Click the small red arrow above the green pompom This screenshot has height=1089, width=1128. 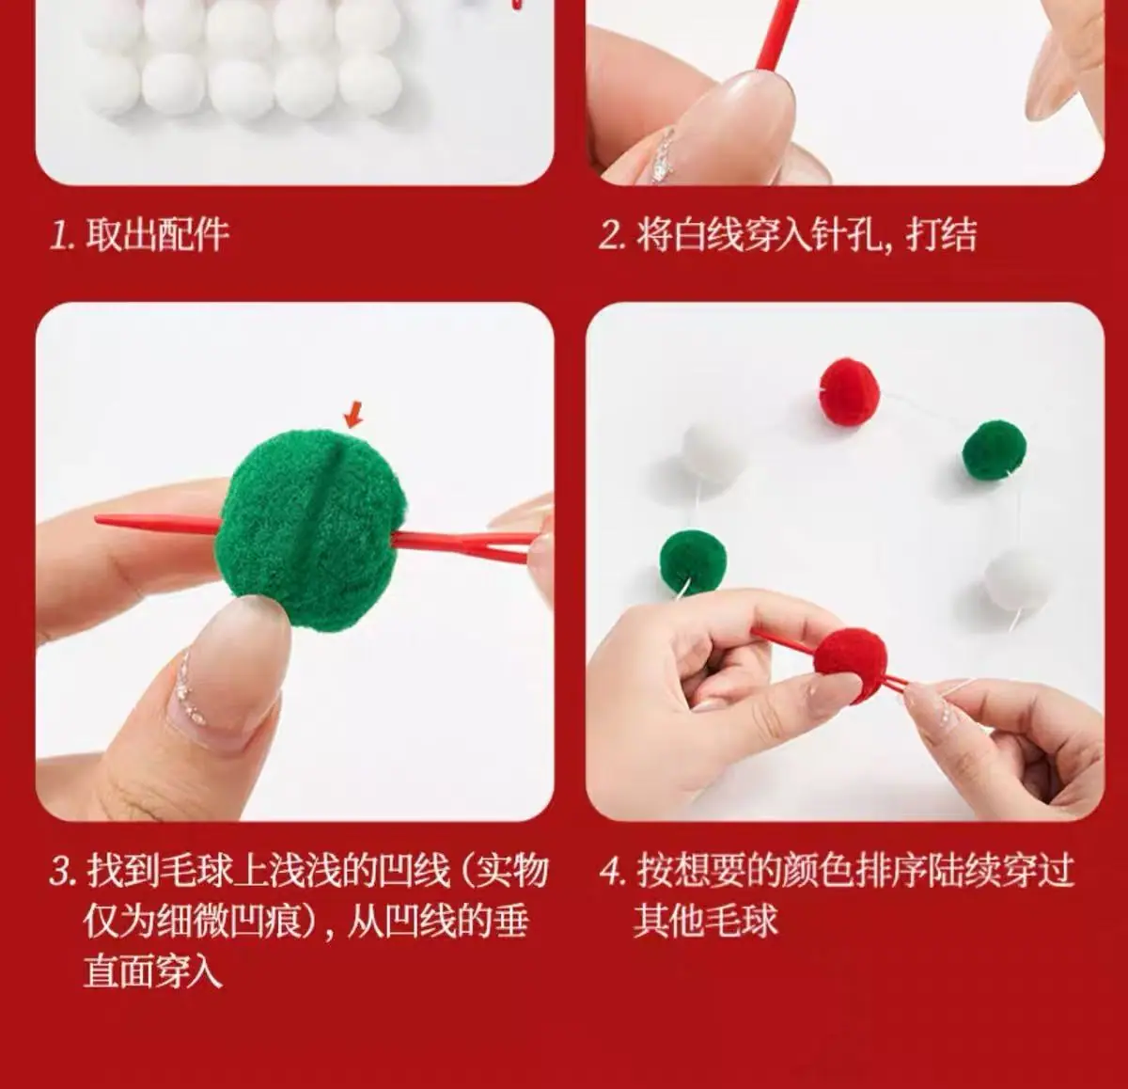(x=353, y=415)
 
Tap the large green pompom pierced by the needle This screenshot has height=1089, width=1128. (x=311, y=529)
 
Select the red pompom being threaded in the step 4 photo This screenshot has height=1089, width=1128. (x=851, y=666)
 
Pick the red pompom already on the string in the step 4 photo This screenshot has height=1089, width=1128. (x=849, y=392)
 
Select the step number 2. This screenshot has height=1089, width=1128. (x=612, y=237)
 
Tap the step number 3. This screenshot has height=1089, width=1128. (x=63, y=871)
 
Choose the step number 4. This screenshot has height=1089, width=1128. (x=613, y=871)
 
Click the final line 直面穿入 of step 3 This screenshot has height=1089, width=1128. (x=153, y=971)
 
